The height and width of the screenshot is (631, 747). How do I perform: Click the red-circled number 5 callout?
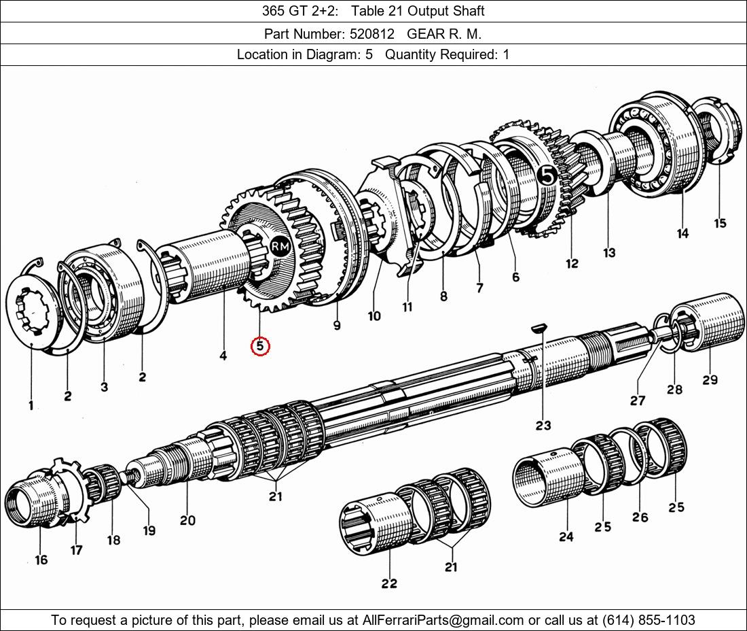tap(260, 346)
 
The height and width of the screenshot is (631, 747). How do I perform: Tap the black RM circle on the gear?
tap(280, 247)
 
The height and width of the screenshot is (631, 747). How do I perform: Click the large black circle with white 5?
tap(547, 175)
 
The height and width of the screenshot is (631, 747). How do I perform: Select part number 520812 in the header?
tap(372, 34)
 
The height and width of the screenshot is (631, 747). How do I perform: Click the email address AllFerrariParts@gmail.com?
tap(443, 620)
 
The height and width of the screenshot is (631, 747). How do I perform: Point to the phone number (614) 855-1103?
tap(649, 620)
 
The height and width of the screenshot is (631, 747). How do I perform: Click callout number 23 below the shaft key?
tap(543, 425)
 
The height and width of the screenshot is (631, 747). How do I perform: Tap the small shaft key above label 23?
tap(539, 328)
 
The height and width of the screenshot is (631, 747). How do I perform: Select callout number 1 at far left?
tap(31, 406)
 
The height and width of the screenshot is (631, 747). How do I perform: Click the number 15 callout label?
tap(720, 223)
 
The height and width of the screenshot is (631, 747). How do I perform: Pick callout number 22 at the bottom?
tap(388, 583)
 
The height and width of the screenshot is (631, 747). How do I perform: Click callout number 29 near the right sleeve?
tap(710, 379)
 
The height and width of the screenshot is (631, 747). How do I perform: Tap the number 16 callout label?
tap(41, 560)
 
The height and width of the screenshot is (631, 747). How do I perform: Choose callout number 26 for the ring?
tap(640, 517)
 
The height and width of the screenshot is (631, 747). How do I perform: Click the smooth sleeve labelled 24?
tap(548, 477)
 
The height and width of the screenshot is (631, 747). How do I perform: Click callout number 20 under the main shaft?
tap(187, 520)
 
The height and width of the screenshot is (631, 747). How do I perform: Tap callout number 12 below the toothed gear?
tap(572, 263)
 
